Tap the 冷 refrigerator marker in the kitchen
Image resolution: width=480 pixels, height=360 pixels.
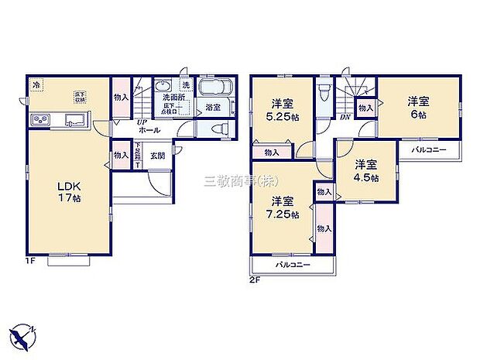(36, 84)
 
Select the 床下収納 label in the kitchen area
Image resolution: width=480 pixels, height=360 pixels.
(79, 97)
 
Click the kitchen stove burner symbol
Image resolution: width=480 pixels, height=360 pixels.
(40, 120)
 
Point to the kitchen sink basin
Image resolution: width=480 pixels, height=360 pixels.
(75, 120)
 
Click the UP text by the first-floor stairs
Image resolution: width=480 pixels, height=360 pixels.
(142, 122)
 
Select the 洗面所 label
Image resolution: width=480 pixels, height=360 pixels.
(173, 98)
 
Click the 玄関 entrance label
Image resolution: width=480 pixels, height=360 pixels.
(157, 156)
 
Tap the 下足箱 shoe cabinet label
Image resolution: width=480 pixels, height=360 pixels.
(137, 156)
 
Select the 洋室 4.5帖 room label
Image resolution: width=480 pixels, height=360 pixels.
(367, 170)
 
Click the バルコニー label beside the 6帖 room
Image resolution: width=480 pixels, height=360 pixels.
(428, 149)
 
